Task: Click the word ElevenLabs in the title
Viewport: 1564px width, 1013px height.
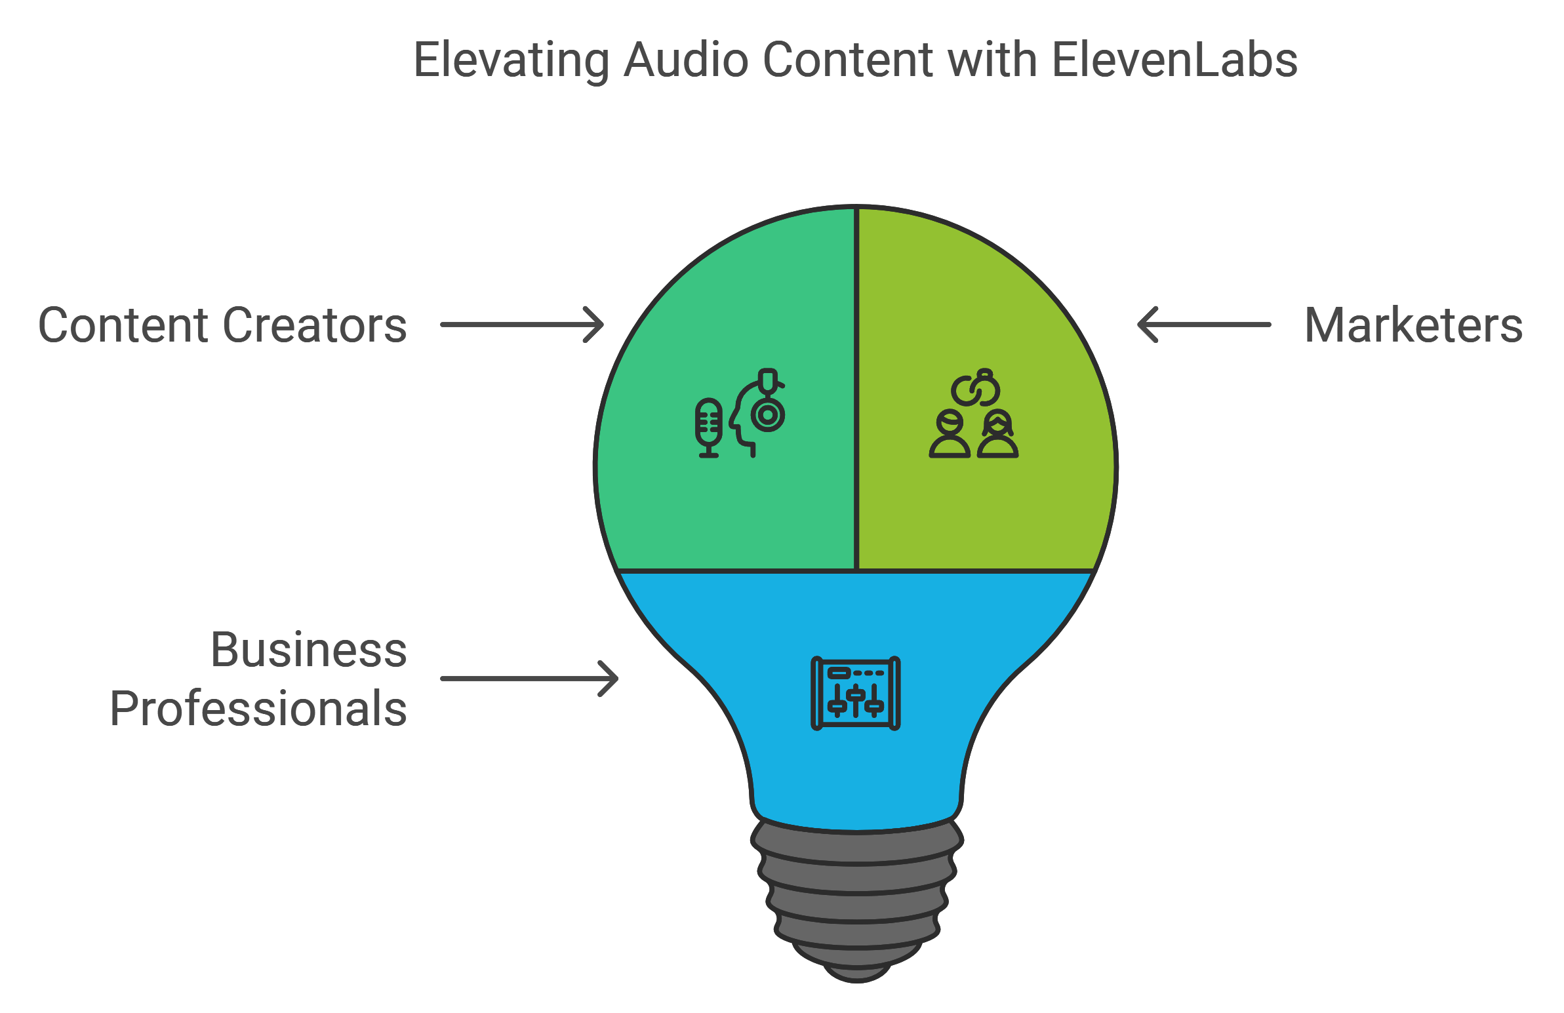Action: pyautogui.click(x=1174, y=60)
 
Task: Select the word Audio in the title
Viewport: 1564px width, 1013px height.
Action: pyautogui.click(x=685, y=60)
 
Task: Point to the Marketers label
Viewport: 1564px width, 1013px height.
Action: pyautogui.click(x=1413, y=325)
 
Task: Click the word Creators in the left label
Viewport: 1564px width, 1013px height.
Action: pyautogui.click(x=315, y=325)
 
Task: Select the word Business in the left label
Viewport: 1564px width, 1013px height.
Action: pyautogui.click(x=309, y=650)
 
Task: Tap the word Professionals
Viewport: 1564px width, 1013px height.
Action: pyautogui.click(x=258, y=709)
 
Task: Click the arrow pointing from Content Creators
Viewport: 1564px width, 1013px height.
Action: pyautogui.click(x=521, y=325)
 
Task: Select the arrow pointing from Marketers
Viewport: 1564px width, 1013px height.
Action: pyautogui.click(x=1203, y=325)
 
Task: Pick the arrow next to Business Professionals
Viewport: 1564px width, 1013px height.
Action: pyautogui.click(x=529, y=679)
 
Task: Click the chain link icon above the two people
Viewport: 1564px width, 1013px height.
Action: pyautogui.click(x=976, y=388)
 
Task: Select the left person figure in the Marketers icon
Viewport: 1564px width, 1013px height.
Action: pyautogui.click(x=950, y=434)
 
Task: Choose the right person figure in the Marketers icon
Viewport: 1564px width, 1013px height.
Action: pyautogui.click(x=998, y=434)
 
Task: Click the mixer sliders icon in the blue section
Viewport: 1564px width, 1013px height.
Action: pyautogui.click(x=856, y=693)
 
